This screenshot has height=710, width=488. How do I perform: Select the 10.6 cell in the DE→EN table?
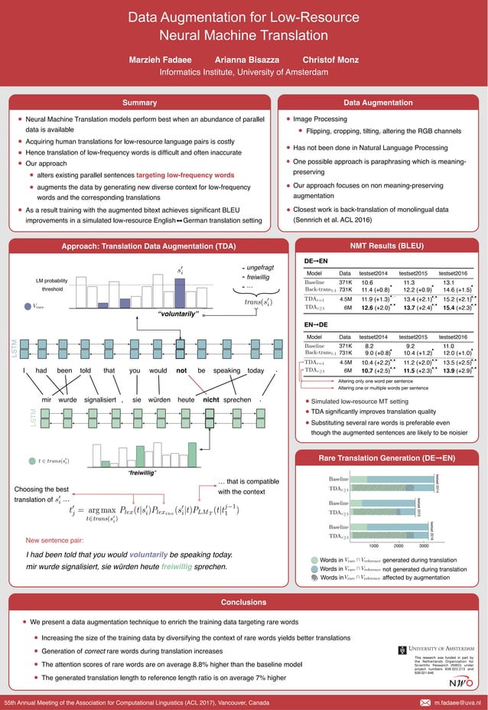pyautogui.click(x=367, y=282)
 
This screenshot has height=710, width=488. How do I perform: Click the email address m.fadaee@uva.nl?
pyautogui.click(x=458, y=702)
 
